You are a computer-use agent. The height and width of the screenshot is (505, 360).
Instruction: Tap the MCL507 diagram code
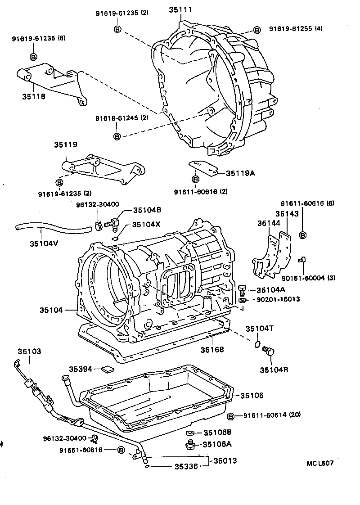[320, 463]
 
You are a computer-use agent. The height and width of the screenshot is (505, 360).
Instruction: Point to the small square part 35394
[108, 369]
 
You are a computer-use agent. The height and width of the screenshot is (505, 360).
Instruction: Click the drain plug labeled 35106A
[190, 445]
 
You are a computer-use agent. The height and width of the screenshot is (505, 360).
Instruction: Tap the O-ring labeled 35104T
[256, 344]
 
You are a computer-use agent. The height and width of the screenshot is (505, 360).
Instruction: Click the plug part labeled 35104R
[270, 352]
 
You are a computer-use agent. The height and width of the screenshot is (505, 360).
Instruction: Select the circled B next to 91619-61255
[257, 29]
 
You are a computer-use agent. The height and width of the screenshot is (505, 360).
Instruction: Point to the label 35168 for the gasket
[212, 350]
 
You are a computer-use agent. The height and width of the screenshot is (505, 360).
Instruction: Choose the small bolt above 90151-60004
[301, 259]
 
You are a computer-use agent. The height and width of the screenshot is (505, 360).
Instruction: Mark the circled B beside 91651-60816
[120, 450]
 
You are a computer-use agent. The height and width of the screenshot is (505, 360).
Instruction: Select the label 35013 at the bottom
[225, 461]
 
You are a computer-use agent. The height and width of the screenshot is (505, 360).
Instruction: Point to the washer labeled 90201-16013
[242, 299]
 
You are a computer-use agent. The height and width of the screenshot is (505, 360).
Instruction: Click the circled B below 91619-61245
[117, 135]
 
